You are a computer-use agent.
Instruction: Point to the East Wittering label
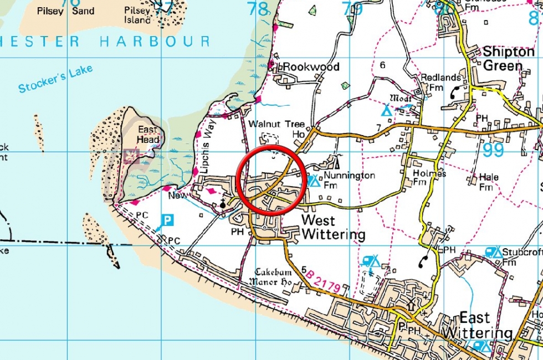(x=478, y=326)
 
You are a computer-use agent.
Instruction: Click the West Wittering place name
(x=332, y=227)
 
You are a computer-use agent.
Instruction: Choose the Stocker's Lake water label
(x=55, y=80)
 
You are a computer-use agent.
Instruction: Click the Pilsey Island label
(x=137, y=15)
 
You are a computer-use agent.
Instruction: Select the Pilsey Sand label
(x=66, y=11)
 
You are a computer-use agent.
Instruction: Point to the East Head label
(x=148, y=135)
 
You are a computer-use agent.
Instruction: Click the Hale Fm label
(x=488, y=182)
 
